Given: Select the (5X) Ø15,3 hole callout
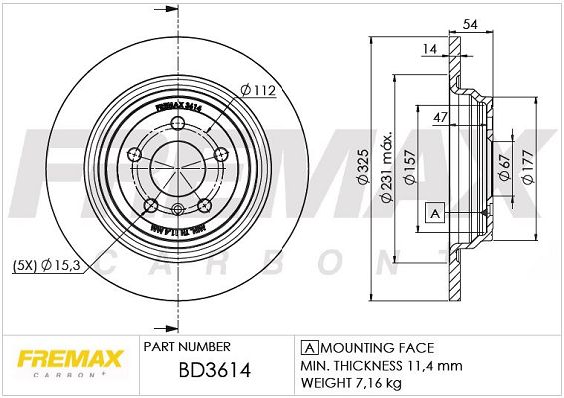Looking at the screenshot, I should coord(48,266).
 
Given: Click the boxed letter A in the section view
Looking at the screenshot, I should coord(433,212).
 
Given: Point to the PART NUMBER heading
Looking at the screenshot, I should coord(187,348).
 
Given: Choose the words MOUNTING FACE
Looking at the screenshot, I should coord(375,348).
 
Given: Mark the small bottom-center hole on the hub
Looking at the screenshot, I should coord(178,209).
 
